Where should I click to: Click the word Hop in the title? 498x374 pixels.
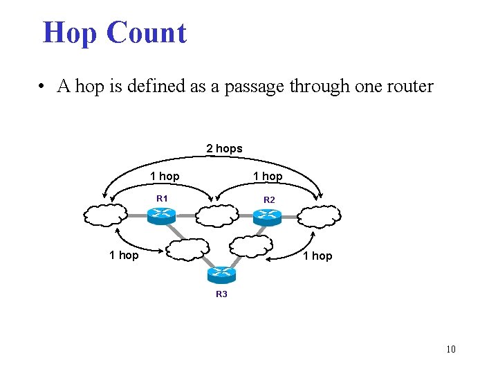pos(69,33)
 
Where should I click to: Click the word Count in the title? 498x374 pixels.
pos(147,33)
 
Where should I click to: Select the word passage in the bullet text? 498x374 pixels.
pos(256,87)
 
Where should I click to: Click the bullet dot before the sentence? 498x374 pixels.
pos(43,87)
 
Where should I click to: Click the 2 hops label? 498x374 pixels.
pos(224,148)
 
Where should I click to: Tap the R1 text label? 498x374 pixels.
pos(163,199)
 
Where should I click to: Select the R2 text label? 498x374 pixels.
pos(269,200)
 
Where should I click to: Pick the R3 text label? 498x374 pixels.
pos(221,294)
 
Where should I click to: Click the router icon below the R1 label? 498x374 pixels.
pos(163,215)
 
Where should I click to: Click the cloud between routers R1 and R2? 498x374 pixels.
pos(216,215)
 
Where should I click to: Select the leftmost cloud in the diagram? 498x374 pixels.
pos(106,215)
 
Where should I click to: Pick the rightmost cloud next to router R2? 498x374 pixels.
pos(320,216)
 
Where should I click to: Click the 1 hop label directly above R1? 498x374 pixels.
pos(165,177)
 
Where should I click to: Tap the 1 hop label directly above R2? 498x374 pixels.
pos(268,177)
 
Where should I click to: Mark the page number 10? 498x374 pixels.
pos(451,349)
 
